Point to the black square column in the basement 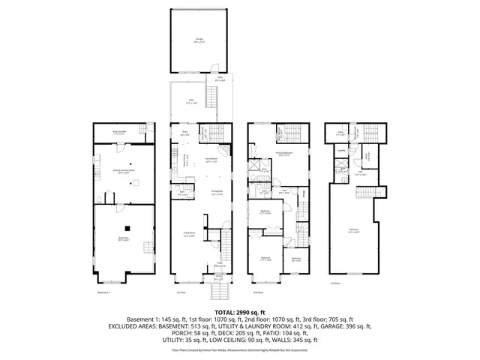(127, 228)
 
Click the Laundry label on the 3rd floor (341, 151)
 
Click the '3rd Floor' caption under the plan (335, 283)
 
